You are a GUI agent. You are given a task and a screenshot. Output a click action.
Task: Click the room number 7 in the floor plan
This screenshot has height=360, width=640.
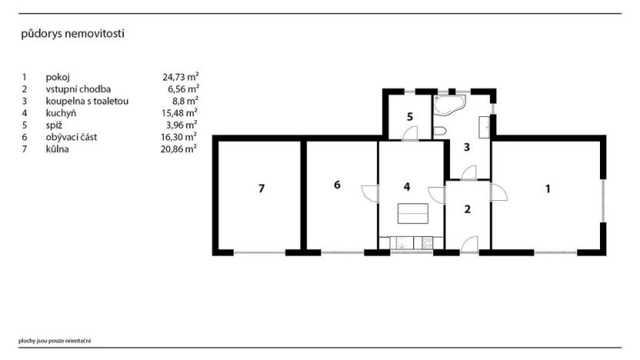tap(262, 188)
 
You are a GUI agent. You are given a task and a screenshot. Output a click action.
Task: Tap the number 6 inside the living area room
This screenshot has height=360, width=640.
tap(337, 184)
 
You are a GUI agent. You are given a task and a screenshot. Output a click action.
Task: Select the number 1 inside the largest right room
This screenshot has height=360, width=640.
tap(548, 188)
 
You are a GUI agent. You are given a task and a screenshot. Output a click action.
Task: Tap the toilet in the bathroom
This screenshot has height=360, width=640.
tap(439, 132)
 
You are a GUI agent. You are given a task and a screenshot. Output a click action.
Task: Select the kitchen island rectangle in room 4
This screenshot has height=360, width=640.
tap(414, 212)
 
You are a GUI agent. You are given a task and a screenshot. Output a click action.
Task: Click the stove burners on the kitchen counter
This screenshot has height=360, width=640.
tap(424, 242)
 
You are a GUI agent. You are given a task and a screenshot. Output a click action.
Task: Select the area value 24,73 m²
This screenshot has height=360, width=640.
tap(181, 77)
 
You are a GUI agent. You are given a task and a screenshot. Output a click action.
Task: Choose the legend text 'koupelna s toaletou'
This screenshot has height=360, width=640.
tap(87, 101)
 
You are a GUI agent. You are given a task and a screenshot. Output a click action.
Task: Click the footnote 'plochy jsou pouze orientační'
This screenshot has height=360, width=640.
tap(55, 340)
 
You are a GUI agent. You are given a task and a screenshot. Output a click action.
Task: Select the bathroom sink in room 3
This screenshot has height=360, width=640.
tap(485, 125)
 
